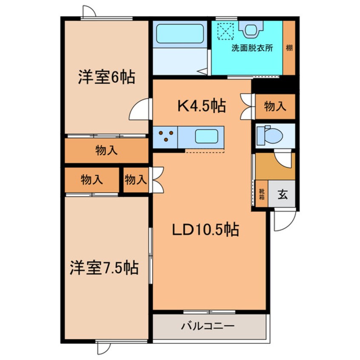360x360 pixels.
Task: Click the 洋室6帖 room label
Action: coord(106,77)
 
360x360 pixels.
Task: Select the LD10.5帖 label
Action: coord(205,230)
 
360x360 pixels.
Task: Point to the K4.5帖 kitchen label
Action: coord(201,105)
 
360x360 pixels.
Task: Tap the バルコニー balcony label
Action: coord(208,327)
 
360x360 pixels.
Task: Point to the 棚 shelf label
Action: coord(289,48)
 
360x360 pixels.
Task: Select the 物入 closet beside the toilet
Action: coord(275,106)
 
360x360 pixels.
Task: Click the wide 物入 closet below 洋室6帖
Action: coord(106,151)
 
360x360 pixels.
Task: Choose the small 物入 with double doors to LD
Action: coord(136,180)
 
